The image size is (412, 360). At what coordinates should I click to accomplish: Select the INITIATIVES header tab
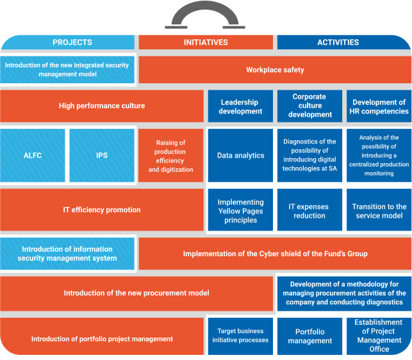(206, 42)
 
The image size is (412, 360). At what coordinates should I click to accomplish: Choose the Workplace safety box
(275, 70)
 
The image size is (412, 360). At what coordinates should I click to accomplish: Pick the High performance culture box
(102, 106)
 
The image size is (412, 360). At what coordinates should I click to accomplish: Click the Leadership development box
(240, 106)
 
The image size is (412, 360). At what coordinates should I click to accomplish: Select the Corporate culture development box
(309, 106)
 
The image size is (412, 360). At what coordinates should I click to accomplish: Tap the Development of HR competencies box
(379, 106)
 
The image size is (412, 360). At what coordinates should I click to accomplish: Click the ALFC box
(33, 156)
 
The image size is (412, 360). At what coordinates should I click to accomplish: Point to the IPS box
(102, 156)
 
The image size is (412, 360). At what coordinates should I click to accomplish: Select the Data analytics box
(240, 156)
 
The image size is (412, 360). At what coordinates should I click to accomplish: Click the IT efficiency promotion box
(102, 209)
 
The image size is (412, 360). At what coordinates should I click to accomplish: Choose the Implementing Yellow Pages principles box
(240, 210)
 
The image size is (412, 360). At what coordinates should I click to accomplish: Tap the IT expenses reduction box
(309, 210)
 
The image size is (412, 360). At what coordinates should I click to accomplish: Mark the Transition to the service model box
(379, 210)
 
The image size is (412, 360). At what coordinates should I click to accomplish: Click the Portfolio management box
(309, 336)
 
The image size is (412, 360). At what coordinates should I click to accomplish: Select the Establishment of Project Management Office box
(379, 336)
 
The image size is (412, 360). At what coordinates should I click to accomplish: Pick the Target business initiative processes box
(240, 336)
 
